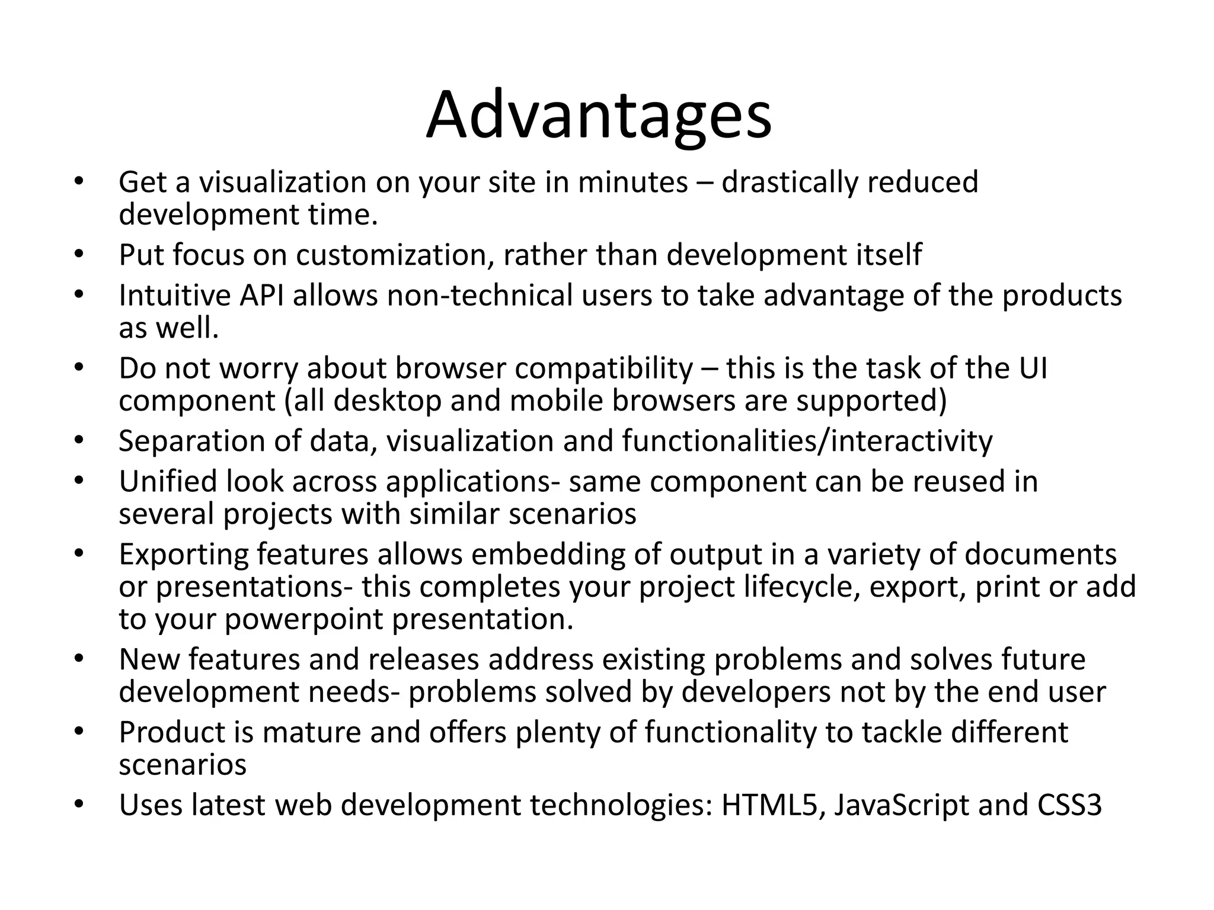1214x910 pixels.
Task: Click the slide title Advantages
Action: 599,116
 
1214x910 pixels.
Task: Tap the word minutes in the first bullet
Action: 632,182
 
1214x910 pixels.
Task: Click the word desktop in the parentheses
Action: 388,401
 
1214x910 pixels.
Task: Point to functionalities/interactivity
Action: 807,441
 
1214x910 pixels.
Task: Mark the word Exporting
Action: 183,555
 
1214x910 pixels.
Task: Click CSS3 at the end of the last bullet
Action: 1069,805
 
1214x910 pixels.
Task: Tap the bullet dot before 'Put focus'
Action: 78,255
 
